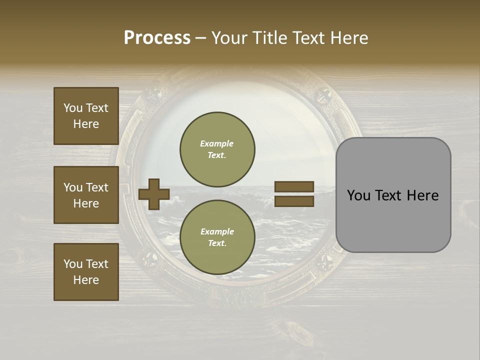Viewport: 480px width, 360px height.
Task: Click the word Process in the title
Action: pos(157,37)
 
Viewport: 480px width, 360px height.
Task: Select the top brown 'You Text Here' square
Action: pos(86,116)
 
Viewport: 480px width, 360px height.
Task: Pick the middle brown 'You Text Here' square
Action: pos(86,195)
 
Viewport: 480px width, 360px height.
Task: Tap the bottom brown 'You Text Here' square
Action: pos(86,272)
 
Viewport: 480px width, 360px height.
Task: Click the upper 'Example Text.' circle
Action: pos(217,149)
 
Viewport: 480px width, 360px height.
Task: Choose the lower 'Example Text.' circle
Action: pos(217,237)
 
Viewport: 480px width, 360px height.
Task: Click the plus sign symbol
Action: pos(153,194)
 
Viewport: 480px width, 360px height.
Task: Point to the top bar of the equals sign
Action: pos(294,187)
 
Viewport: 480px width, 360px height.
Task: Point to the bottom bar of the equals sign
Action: pos(294,201)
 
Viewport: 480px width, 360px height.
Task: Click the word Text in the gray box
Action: pos(388,195)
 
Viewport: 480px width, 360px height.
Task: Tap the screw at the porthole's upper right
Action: pos(324,94)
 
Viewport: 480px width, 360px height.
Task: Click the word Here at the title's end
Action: pos(349,37)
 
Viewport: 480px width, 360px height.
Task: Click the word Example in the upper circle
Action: pos(217,143)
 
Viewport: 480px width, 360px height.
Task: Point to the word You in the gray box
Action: pos(358,195)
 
